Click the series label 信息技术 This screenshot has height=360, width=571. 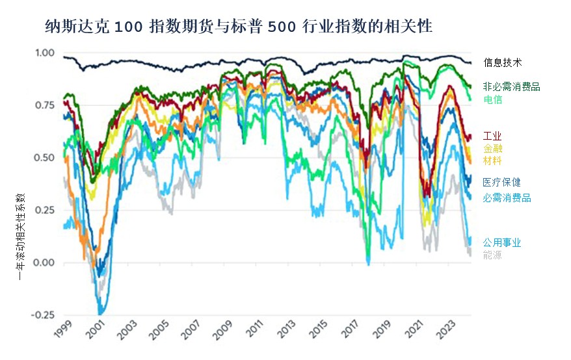click(x=503, y=63)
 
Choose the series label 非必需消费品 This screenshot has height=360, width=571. click(x=512, y=86)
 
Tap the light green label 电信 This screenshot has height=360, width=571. click(x=493, y=99)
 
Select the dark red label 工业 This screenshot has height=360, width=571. click(x=492, y=136)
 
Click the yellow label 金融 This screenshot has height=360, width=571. click(x=492, y=148)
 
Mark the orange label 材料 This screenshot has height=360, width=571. click(x=492, y=161)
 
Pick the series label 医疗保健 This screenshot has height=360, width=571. click(x=501, y=183)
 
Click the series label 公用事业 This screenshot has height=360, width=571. click(x=501, y=243)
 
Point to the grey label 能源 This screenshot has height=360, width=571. click(x=492, y=255)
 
